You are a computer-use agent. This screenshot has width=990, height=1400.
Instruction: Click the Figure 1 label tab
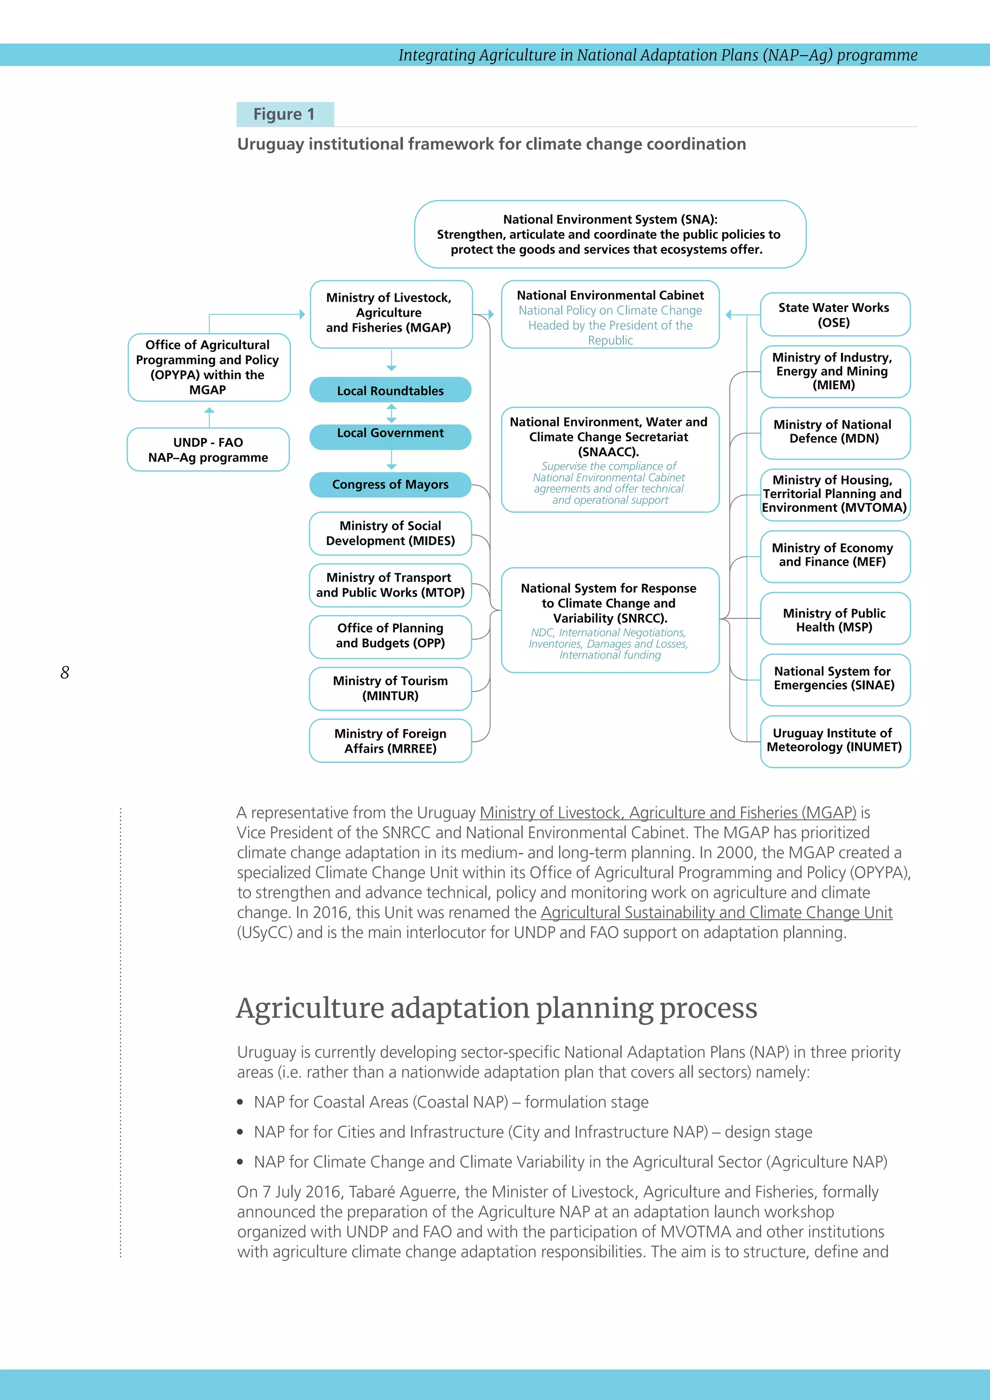[x=285, y=114]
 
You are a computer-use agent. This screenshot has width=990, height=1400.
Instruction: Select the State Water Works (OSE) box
[x=834, y=315]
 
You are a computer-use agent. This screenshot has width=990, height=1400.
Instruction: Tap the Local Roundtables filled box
[x=390, y=390]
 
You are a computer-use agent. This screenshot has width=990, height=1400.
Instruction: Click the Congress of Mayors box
[x=390, y=485]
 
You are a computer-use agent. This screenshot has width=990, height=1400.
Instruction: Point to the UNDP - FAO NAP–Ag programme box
[x=208, y=450]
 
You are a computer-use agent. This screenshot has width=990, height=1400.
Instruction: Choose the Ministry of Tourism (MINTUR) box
[x=390, y=688]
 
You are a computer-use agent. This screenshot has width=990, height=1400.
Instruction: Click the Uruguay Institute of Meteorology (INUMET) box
[x=834, y=740]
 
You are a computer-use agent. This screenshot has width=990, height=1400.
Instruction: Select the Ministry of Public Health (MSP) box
[x=834, y=620]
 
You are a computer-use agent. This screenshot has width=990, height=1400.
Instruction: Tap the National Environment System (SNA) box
[x=610, y=234]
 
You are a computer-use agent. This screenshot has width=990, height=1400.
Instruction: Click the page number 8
[x=65, y=672]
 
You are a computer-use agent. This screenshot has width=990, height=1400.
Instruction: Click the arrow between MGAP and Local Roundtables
[x=392, y=361]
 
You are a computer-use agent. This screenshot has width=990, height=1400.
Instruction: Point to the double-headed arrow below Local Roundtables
[x=392, y=413]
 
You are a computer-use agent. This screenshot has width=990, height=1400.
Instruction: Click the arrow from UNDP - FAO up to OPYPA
[x=209, y=416]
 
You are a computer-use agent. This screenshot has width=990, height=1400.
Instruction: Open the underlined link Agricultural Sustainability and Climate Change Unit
[x=716, y=913]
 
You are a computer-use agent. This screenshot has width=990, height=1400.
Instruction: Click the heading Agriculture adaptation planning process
[x=496, y=1008]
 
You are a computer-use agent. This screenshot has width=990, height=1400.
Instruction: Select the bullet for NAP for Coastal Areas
[x=241, y=1102]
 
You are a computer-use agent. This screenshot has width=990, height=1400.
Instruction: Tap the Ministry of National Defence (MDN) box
[x=834, y=432]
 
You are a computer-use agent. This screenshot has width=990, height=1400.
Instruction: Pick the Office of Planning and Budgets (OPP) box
[x=390, y=636]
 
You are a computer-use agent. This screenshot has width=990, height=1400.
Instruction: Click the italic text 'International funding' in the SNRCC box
[x=610, y=656]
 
